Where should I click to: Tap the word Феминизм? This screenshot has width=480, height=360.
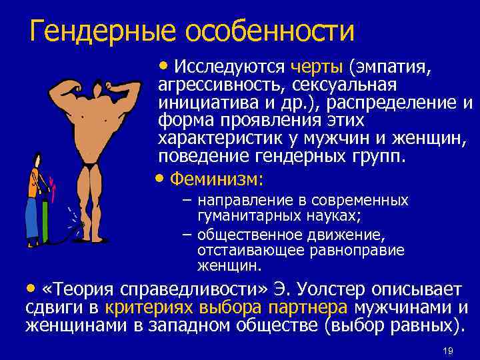[217, 179]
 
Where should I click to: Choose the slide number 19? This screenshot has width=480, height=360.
[447, 351]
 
